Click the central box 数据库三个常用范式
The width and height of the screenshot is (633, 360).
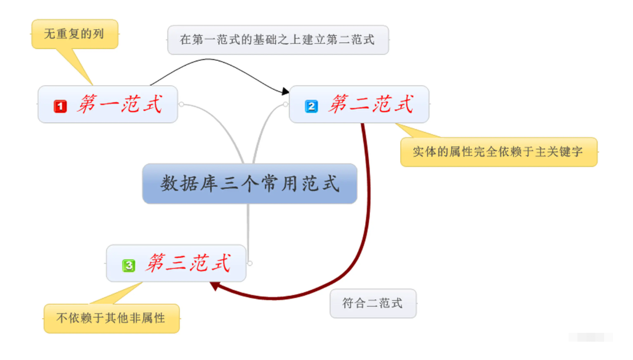249,184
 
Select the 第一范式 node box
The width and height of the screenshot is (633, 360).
108,105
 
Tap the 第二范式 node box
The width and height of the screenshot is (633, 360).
359,105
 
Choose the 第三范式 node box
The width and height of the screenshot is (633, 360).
176,263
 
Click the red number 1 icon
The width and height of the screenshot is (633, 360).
60,106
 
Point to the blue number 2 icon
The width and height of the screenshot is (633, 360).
311,106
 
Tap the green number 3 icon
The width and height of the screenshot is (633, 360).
128,265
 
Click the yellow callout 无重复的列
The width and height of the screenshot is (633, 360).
74,34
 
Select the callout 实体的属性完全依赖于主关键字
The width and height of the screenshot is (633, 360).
498,152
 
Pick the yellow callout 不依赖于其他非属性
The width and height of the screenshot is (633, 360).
111,319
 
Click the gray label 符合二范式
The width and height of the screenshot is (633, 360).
372,303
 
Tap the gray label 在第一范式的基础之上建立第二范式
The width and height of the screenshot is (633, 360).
278,40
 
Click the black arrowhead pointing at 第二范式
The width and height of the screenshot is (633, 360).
285,92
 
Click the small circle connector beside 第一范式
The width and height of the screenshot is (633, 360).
181,105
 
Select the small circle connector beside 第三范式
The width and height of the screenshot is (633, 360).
250,262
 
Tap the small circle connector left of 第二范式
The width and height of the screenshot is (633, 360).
285,105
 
